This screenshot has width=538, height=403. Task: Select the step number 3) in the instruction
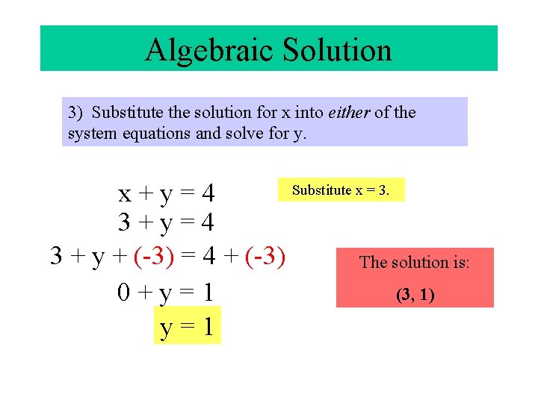point(75,113)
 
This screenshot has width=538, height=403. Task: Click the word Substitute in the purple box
point(124,113)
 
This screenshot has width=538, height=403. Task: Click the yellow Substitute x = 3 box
point(341,190)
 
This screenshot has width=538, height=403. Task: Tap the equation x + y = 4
point(167,194)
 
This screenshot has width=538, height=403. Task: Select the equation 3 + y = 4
point(167,222)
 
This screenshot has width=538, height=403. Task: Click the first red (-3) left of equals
point(155,256)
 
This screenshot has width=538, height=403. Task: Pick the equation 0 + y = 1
point(167,292)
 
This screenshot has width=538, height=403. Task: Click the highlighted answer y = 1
point(188,326)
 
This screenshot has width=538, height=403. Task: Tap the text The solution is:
point(415,262)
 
